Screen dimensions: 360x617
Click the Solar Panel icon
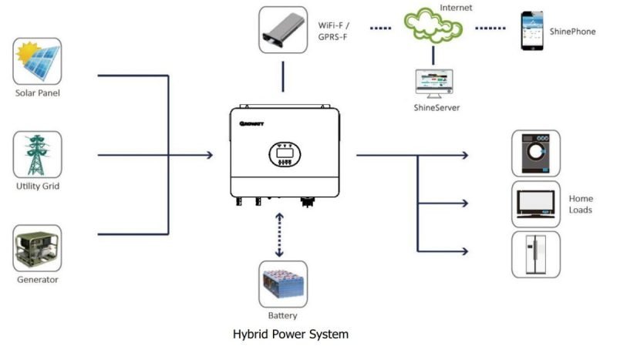(38, 62)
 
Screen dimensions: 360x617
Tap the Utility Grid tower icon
(38, 155)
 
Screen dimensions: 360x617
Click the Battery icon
(283, 284)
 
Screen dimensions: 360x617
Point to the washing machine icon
(536, 153)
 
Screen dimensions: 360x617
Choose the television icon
(536, 204)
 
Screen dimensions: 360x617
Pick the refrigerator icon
(536, 254)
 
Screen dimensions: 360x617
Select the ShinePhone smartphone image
(532, 30)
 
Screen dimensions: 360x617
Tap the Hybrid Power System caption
(291, 335)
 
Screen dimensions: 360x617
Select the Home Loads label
(581, 204)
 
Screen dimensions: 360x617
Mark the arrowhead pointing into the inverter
(209, 156)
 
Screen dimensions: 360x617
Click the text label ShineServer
(437, 108)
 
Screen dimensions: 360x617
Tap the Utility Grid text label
(38, 187)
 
